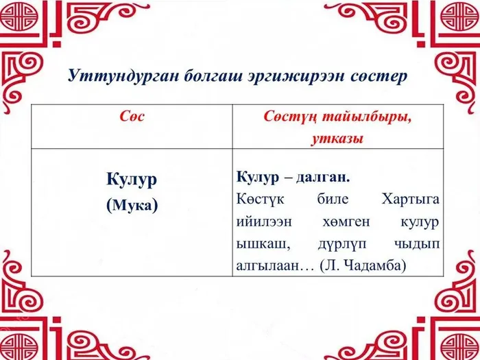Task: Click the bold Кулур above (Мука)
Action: pos(132,179)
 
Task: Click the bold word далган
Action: pos(324,177)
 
